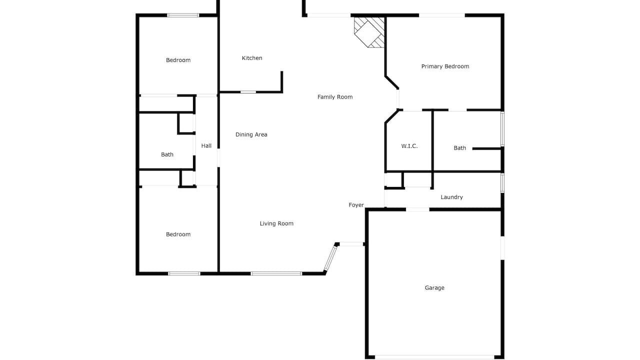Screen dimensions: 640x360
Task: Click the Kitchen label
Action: pos(252,58)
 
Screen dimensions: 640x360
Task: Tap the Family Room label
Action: pos(335,97)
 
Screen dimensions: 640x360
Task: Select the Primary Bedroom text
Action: pos(445,66)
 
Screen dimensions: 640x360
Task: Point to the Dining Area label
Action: pos(251,134)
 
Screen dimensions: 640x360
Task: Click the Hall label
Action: pos(206,145)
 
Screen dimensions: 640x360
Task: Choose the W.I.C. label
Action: pos(409,146)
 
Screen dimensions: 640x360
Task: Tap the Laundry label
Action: pos(451,197)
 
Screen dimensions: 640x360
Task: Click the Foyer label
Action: pos(356,205)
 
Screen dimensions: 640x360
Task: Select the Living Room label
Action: pos(276,223)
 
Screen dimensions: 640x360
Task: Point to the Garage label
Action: pos(434,288)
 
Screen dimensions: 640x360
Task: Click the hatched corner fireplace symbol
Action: pos(369,32)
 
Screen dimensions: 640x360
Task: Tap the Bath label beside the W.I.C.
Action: pos(459,148)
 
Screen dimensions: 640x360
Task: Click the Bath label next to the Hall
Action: pos(167,154)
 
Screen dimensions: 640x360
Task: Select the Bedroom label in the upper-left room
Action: pos(178,60)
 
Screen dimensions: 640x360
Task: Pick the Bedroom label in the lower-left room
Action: pos(178,234)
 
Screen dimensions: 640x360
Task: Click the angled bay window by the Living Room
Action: pos(330,258)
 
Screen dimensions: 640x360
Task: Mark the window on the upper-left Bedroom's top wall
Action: pos(183,15)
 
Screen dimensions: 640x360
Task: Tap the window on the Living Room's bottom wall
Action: pos(276,273)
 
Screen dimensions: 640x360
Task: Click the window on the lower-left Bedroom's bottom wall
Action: pos(184,273)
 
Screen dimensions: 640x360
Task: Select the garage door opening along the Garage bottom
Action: pos(434,357)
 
